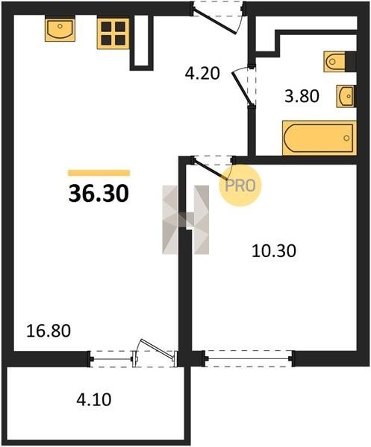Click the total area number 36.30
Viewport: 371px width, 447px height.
99,194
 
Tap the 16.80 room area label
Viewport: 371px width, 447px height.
49,332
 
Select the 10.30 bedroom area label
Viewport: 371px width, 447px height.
274,251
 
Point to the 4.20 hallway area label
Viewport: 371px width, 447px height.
202,73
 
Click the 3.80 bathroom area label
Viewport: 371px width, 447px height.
302,96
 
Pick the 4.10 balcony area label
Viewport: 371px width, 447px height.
94,399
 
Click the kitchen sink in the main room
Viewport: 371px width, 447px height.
60,29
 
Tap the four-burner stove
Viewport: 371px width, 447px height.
113,34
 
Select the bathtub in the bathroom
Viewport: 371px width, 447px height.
319,139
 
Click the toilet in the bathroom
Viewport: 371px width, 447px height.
340,61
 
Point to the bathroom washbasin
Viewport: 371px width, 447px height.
346,96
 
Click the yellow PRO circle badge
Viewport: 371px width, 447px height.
240,186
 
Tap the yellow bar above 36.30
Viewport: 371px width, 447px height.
99,173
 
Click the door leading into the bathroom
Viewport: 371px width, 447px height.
243,86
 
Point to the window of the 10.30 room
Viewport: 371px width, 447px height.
248,358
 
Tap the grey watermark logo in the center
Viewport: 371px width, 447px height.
185,220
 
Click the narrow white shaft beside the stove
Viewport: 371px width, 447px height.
142,41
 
